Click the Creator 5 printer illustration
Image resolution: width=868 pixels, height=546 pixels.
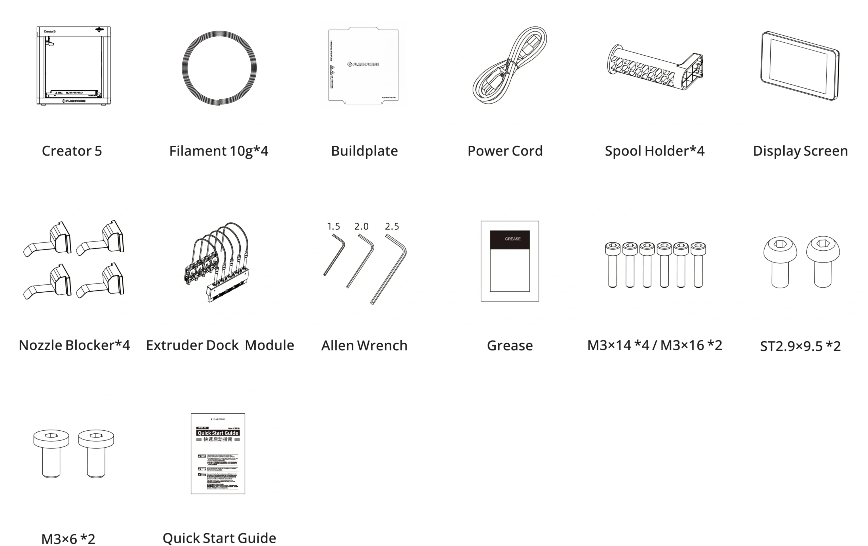(x=73, y=66)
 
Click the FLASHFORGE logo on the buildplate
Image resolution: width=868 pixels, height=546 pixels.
(x=363, y=64)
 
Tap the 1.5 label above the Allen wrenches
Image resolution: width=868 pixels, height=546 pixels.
(x=333, y=227)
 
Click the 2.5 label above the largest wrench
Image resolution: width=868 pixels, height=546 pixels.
(x=392, y=227)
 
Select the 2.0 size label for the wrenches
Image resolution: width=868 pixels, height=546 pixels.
(x=361, y=227)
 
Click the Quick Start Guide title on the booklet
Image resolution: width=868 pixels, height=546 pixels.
(x=218, y=433)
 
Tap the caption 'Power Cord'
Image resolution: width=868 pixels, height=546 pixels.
(x=504, y=151)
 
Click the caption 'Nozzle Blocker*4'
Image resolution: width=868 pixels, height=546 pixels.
(x=74, y=346)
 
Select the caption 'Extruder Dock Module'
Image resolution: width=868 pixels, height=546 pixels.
(x=220, y=346)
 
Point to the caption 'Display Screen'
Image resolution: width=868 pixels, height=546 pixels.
(x=800, y=151)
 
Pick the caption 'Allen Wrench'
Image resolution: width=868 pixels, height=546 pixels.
(x=365, y=346)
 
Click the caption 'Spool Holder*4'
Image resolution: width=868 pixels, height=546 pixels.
(x=655, y=151)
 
